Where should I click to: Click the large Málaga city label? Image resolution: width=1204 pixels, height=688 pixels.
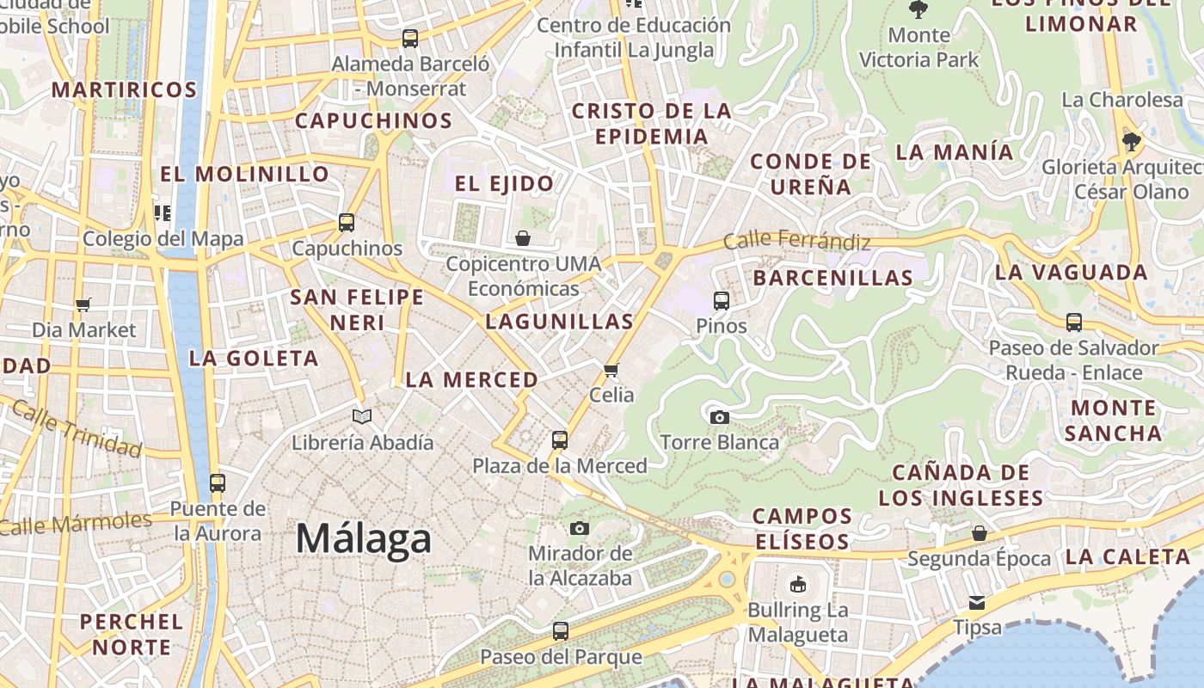[x=363, y=539]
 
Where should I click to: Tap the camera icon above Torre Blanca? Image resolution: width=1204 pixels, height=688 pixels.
[x=720, y=418]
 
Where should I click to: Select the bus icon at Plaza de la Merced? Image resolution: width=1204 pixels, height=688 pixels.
[x=560, y=440]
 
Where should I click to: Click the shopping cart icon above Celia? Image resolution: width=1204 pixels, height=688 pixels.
[x=611, y=370]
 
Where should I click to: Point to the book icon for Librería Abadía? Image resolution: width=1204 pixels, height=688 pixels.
[x=362, y=417]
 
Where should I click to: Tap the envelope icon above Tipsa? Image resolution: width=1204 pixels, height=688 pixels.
[x=977, y=602]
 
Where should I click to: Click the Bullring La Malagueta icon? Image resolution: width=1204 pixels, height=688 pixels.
[x=798, y=585]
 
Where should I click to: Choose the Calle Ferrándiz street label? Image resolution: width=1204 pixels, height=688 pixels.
[x=796, y=242]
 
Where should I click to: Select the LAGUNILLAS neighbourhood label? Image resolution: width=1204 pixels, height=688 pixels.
[x=559, y=322]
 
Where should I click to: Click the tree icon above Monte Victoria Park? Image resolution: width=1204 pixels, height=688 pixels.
[x=918, y=10]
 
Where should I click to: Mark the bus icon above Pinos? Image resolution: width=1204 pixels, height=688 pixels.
[x=722, y=301]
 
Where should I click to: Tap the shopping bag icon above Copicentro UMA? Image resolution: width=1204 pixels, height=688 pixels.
[x=523, y=238]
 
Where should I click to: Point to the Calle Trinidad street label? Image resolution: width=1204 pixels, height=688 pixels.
[x=77, y=430]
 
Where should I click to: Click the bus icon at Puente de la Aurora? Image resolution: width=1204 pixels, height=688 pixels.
[x=218, y=483]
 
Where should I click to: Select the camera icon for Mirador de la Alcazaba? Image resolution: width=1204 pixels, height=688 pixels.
[x=580, y=528]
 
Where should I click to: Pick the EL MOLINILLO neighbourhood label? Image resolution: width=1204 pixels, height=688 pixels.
[x=244, y=174]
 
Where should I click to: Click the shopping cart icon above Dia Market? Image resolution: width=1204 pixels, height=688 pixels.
[x=83, y=304]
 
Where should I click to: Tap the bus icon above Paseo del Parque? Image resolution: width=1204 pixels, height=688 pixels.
[x=561, y=631]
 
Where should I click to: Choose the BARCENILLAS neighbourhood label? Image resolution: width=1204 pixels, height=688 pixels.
[x=832, y=278]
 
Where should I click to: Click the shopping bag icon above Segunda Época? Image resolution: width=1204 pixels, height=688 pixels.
[x=980, y=534]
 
